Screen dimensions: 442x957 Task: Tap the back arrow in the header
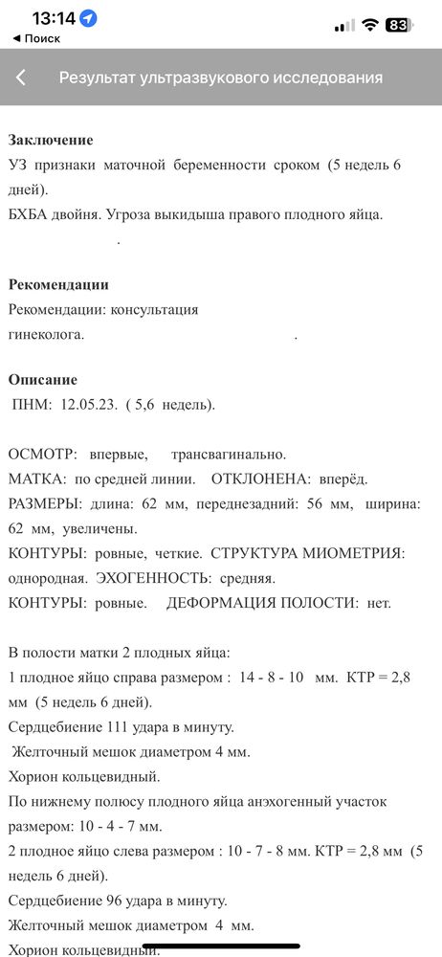21,78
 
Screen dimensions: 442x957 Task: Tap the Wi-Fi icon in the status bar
370,25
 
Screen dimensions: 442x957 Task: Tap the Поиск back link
36,38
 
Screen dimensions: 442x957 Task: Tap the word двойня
82,214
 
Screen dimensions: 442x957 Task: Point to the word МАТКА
35,478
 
